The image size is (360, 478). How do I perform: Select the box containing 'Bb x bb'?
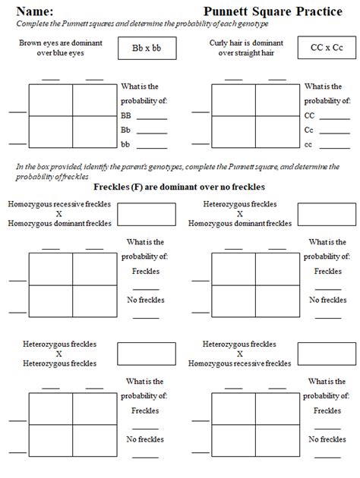tap(147, 48)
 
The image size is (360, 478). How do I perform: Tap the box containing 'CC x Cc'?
tap(327, 48)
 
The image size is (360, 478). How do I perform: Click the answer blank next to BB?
tap(152, 117)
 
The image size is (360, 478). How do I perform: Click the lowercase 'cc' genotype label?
tap(308, 144)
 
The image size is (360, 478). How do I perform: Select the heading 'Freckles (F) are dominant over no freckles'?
tap(179, 187)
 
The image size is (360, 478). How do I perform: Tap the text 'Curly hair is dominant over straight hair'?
tap(244, 49)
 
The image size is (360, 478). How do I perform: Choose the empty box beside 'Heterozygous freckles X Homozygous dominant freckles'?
tap(327, 214)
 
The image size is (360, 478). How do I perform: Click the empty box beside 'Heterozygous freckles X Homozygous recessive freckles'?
tap(327, 354)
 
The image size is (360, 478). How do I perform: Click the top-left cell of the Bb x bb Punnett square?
tap(51, 100)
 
